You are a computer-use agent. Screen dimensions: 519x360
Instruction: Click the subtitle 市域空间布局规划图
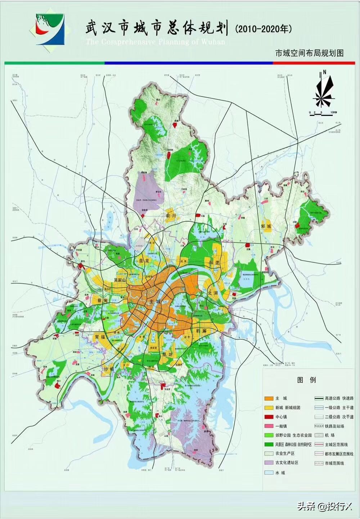tap(309, 53)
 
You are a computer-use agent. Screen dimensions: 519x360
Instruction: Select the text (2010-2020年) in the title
tap(263, 29)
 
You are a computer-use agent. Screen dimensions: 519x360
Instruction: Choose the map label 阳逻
tap(214, 263)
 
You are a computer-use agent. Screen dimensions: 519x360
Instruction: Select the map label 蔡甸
tap(98, 300)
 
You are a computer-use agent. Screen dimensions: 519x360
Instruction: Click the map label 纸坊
tap(167, 355)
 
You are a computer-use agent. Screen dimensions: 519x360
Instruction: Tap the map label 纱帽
tap(108, 369)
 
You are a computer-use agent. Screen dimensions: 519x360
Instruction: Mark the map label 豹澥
tap(201, 330)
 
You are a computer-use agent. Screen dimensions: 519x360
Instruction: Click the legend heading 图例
tap(307, 380)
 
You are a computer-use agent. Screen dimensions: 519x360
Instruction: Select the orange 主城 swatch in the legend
tap(269, 398)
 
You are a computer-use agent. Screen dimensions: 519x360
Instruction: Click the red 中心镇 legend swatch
tap(269, 417)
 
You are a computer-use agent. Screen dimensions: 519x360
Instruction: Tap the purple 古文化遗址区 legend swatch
tap(269, 462)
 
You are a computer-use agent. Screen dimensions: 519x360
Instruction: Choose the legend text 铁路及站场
tap(334, 426)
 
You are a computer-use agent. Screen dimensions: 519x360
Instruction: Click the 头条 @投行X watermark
tap(324, 506)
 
